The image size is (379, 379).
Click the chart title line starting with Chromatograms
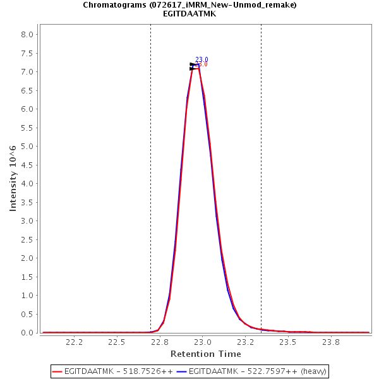[189, 5]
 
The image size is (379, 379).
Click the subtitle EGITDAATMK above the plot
[189, 14]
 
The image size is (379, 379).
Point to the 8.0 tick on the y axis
[28, 35]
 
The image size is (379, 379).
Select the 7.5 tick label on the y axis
[28, 54]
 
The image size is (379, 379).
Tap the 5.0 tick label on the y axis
[28, 147]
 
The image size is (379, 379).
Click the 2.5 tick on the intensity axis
[28, 221]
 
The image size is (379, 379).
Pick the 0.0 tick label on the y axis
[28, 333]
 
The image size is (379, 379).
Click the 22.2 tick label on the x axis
[75, 342]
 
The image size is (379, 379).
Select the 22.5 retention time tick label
[117, 342]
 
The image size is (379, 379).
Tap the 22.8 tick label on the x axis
[160, 342]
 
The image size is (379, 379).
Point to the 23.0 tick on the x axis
[202, 342]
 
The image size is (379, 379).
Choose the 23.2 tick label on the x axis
[245, 342]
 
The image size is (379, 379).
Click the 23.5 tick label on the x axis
[288, 342]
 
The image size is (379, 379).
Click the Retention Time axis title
[205, 354]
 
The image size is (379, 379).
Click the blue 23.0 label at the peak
[202, 60]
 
